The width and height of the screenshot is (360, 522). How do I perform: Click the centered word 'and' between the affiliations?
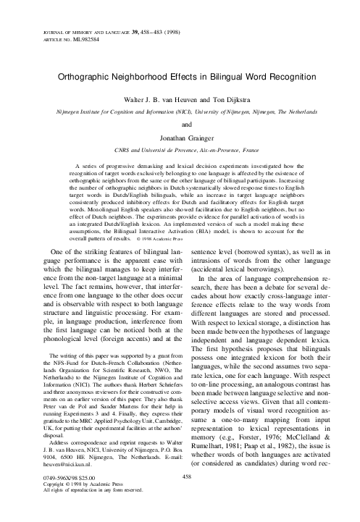click(x=180, y=124)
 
